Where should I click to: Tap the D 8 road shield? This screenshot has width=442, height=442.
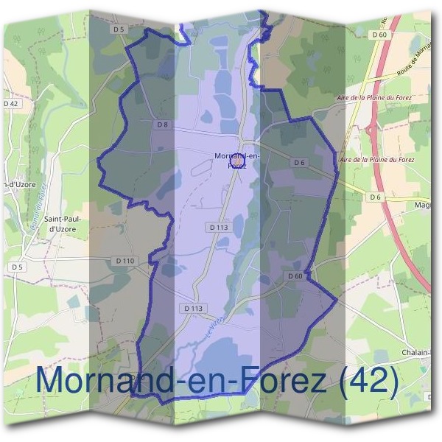[x=163, y=124]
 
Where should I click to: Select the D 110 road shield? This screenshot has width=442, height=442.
[x=126, y=261]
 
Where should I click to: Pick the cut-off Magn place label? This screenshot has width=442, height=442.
[x=423, y=205]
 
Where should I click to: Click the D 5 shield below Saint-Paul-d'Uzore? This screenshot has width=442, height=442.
[x=16, y=266]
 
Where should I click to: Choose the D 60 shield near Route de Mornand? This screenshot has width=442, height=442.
[x=380, y=35]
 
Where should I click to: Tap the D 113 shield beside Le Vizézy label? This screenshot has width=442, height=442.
[x=194, y=307]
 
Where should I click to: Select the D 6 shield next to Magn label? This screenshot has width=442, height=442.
[x=376, y=197]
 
